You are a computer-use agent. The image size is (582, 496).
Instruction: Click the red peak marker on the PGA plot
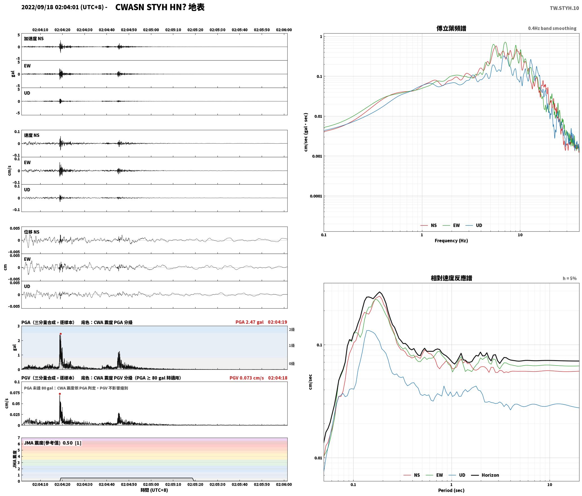pos(61,334)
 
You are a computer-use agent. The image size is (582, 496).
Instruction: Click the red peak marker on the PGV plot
pos(60,394)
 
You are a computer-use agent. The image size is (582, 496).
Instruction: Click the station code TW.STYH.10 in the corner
pos(564,8)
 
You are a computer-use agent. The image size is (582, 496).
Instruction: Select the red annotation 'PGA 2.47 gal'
pos(250,322)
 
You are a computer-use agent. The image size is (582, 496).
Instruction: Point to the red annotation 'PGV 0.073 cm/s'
pos(247,378)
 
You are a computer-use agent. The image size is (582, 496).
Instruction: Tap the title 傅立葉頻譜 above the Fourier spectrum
pos(451,28)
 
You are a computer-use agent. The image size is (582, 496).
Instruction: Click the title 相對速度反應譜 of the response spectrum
pos(451,278)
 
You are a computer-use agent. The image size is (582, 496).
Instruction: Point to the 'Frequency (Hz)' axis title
pos(451,241)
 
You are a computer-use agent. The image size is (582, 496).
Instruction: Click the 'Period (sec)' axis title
pos(451,490)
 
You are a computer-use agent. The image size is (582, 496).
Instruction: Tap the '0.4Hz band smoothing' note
pos(552,28)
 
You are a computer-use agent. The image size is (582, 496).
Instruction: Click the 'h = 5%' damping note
pos(570,278)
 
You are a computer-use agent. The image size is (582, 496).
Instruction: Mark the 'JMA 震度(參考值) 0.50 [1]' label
pos(53,443)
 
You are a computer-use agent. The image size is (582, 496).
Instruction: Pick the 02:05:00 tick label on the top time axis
pos(151,30)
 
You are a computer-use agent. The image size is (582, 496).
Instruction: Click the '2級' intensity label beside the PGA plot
pos(292,329)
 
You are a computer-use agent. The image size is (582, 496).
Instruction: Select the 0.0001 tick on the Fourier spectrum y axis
pos(316,196)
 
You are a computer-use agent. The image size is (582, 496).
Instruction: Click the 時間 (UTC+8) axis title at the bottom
pos(154,490)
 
